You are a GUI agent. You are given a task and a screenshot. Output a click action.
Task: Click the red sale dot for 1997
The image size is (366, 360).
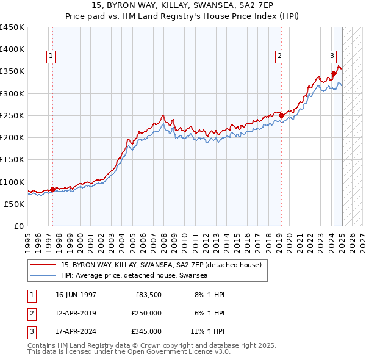click(x=52, y=189)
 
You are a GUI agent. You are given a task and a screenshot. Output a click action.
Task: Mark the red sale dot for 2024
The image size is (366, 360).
click(x=334, y=74)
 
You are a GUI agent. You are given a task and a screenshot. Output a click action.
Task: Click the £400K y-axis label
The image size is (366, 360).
click(x=12, y=49)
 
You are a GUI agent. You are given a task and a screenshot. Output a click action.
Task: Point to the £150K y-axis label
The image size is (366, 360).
click(x=12, y=160)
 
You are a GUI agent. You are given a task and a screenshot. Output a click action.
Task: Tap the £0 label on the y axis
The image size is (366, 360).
click(x=18, y=226)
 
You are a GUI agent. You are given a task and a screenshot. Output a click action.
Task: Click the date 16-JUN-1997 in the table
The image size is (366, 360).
click(x=76, y=295)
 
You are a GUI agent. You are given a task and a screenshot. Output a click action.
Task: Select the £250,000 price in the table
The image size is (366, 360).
click(x=146, y=313)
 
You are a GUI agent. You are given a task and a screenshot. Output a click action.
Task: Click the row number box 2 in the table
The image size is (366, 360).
click(x=31, y=313)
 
